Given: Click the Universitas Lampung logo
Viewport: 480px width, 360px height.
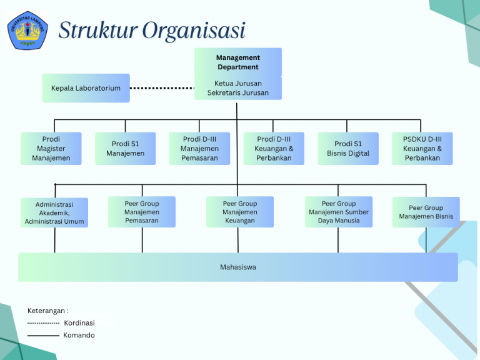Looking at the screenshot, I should click(x=27, y=30).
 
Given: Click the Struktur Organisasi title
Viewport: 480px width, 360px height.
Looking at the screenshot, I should click(x=152, y=30).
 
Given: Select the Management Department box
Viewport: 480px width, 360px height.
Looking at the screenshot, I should click(x=237, y=62).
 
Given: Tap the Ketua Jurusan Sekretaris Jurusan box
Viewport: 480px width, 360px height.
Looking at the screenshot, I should click(x=237, y=88).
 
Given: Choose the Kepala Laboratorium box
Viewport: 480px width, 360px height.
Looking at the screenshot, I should click(x=86, y=88).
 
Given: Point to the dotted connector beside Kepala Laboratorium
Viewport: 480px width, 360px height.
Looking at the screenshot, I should click(x=162, y=88).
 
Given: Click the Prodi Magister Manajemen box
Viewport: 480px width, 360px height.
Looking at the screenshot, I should click(x=51, y=149).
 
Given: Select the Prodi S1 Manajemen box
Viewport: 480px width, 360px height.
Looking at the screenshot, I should click(x=125, y=149).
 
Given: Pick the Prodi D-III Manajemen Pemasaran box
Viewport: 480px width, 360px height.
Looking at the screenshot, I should click(x=199, y=149).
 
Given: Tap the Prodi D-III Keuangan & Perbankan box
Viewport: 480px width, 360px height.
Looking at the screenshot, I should click(x=274, y=149).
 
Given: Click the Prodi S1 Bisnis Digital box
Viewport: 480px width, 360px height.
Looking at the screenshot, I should click(x=348, y=149).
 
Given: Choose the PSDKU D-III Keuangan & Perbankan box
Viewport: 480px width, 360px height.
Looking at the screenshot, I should click(x=422, y=149).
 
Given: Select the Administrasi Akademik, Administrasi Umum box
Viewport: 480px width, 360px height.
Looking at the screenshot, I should click(x=54, y=212).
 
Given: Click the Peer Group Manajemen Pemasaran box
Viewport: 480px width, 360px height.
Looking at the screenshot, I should click(x=142, y=212).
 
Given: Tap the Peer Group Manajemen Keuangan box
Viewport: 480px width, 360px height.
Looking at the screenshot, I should click(x=240, y=212).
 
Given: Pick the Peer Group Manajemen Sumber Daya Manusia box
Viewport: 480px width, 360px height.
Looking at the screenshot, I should click(x=339, y=212).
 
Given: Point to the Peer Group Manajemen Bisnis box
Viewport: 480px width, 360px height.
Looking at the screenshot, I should click(x=426, y=212).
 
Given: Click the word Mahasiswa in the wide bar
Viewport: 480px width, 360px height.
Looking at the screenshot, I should click(x=238, y=267).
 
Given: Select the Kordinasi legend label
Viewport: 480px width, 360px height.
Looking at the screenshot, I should click(x=79, y=323).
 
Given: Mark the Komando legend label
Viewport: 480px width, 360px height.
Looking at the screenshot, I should click(x=79, y=336).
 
